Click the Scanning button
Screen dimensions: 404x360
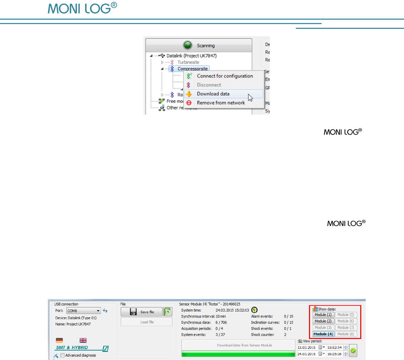(x=199, y=45)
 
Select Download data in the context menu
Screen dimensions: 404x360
(x=213, y=94)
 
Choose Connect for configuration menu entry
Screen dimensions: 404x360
(x=225, y=76)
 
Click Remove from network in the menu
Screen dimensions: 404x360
(x=220, y=103)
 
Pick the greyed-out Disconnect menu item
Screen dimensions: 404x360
(x=209, y=85)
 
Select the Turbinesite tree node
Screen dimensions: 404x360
(x=188, y=62)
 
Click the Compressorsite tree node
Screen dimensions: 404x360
(x=192, y=69)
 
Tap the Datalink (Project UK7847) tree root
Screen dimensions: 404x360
(x=191, y=56)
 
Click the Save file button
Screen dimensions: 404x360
(x=141, y=312)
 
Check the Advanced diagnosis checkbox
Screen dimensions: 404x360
(x=62, y=355)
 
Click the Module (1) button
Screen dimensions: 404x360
(x=323, y=315)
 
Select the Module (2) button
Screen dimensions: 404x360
(x=323, y=321)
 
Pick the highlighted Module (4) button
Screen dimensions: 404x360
(x=323, y=334)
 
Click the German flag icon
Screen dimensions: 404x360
(x=59, y=340)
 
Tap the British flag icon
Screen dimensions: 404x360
(x=83, y=340)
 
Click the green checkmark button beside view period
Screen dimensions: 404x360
(x=353, y=351)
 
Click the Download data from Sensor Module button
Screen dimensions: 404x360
(x=238, y=345)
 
